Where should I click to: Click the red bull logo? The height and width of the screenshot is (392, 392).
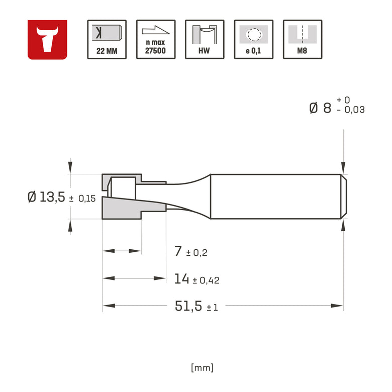pyautogui.click(x=47, y=40)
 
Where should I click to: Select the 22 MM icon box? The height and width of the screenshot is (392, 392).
pyautogui.click(x=107, y=40)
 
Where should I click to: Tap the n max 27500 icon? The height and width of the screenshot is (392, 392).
pyautogui.click(x=156, y=40)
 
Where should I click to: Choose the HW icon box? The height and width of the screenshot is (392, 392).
pyautogui.click(x=205, y=40)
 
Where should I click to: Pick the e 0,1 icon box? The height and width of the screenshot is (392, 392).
pyautogui.click(x=254, y=40)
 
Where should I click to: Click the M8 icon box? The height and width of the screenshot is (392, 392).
pyautogui.click(x=303, y=40)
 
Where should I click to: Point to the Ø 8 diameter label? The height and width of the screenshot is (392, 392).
pyautogui.click(x=320, y=108)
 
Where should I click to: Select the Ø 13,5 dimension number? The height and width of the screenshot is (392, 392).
pyautogui.click(x=47, y=197)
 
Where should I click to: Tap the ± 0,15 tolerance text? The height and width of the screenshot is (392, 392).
pyautogui.click(x=82, y=199)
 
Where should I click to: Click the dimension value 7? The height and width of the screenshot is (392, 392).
pyautogui.click(x=178, y=251)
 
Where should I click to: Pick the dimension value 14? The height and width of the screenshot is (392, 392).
pyautogui.click(x=181, y=279)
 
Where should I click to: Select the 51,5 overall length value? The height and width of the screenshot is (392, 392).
pyautogui.click(x=189, y=306)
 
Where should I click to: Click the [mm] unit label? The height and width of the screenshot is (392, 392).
pyautogui.click(x=203, y=367)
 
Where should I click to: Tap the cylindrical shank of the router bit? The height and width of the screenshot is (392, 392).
pyautogui.click(x=276, y=197)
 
